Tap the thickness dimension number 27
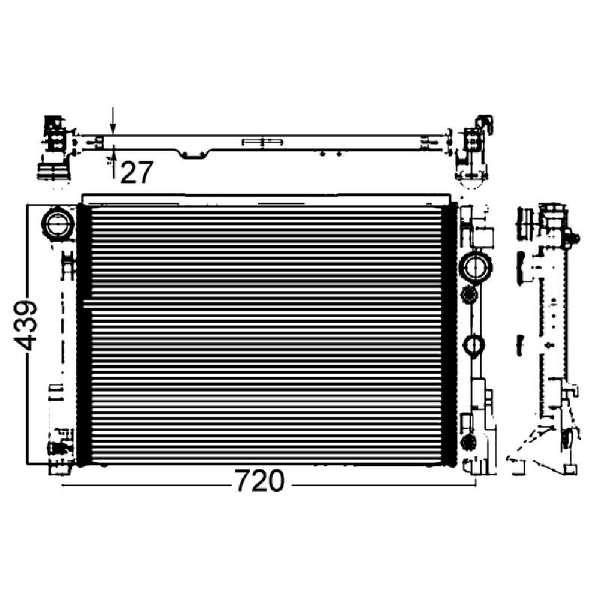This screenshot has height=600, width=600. [x=136, y=172]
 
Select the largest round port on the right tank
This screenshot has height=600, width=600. [x=475, y=266]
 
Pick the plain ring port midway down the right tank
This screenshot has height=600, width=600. [x=474, y=345]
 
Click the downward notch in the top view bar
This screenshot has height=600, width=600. [x=194, y=154]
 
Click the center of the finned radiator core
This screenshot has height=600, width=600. [x=266, y=334]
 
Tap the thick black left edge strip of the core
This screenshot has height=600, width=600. [x=83, y=334]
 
